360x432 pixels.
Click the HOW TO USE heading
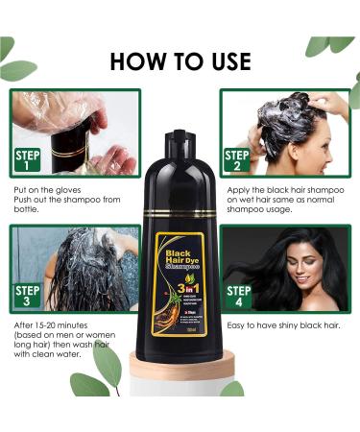coord(180,62)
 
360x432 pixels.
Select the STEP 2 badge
coord(236,157)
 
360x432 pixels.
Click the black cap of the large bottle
coord(179,139)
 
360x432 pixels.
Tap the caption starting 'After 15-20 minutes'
coord(58,338)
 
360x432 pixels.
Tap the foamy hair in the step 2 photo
coord(288,123)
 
